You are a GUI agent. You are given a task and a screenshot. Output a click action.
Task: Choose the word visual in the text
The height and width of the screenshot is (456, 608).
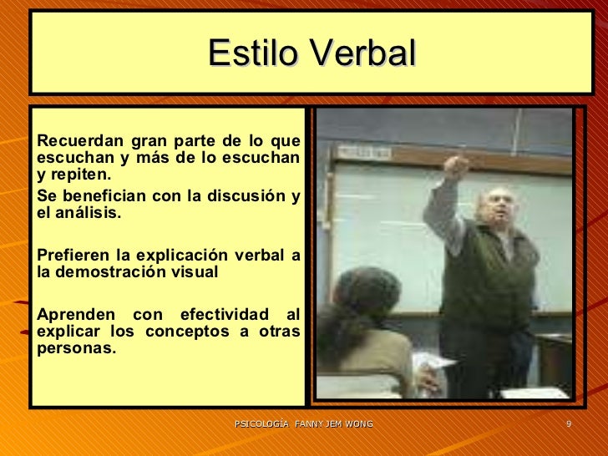click(x=195, y=272)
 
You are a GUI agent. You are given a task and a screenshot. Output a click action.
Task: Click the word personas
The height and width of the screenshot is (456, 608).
click(x=75, y=348)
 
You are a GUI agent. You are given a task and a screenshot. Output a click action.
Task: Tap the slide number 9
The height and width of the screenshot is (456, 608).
click(x=568, y=425)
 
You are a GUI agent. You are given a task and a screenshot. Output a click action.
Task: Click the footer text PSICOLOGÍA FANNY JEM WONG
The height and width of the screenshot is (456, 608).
click(x=303, y=425)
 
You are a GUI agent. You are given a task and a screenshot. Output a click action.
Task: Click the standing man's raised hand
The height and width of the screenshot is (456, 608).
click(x=456, y=165)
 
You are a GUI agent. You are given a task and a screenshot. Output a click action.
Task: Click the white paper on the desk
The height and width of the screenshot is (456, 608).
click(x=434, y=363)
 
